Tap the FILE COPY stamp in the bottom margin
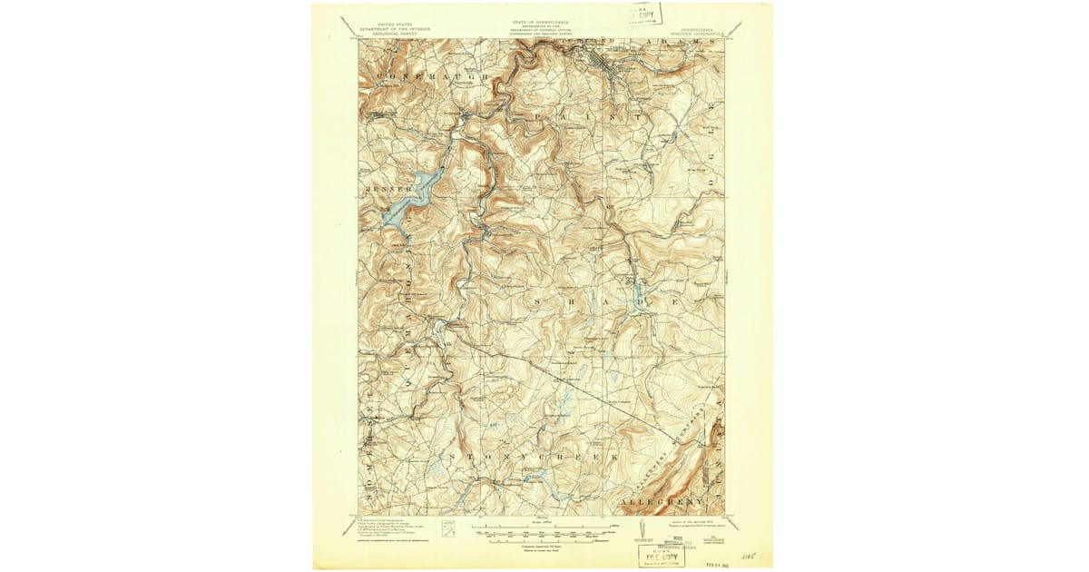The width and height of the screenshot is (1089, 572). [x=661, y=553]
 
